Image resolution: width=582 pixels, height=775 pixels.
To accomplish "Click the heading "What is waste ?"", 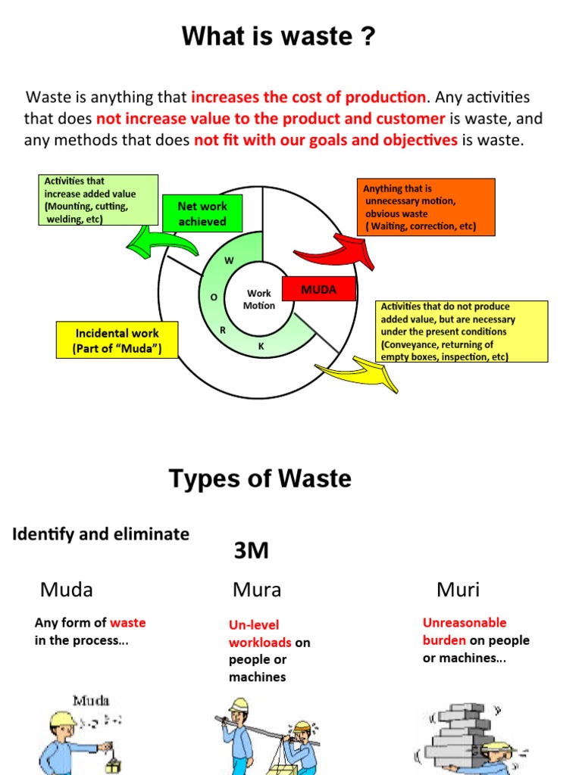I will (278, 36).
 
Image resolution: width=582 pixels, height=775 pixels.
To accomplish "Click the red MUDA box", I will (318, 290).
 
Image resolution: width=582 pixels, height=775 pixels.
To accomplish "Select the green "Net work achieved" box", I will (202, 213).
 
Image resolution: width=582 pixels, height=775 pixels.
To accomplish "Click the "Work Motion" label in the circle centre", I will (259, 300).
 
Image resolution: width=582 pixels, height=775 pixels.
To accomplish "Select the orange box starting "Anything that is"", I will (425, 207).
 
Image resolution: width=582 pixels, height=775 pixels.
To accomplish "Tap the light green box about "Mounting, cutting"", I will (99, 201).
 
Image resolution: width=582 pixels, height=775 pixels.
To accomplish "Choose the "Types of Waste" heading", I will (260, 479).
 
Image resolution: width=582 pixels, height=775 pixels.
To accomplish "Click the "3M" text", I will (251, 550).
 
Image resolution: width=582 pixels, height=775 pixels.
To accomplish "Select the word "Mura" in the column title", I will (257, 590).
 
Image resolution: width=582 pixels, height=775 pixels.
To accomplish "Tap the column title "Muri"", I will (458, 590).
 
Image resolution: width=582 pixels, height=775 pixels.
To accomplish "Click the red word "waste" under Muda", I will (128, 623).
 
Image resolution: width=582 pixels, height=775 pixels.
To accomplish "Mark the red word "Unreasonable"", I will (464, 623).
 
